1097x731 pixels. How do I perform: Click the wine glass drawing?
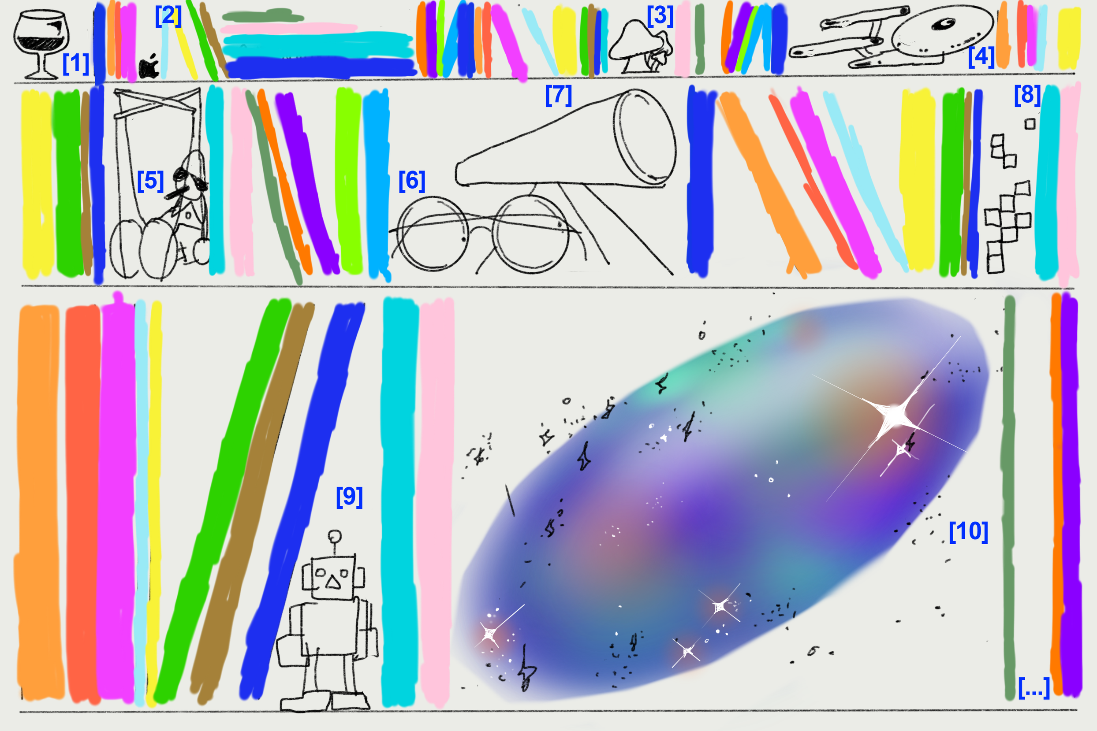tap(41, 45)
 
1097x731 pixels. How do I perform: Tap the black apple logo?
tap(149, 66)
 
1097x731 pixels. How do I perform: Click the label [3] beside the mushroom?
tap(660, 16)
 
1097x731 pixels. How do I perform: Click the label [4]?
tap(981, 56)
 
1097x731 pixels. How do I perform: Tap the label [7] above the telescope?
tap(558, 95)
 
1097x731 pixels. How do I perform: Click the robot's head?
tap(333, 577)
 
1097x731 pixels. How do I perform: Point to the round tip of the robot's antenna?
tap(334, 537)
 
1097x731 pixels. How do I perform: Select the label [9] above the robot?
tap(349, 497)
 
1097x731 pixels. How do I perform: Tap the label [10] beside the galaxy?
tap(968, 531)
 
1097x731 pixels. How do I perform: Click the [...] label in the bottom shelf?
tap(1034, 688)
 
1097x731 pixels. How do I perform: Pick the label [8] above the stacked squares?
tap(1027, 95)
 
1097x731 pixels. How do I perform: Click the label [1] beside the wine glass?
tap(75, 63)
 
